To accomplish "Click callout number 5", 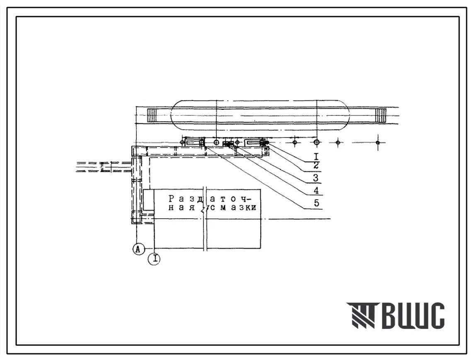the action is coord(316,203).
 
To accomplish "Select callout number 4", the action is coord(316,191).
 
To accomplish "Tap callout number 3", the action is coord(315,178).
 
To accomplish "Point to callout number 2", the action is coord(316,165).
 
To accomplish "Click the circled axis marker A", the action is coord(138,249).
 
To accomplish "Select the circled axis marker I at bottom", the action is coord(154,259).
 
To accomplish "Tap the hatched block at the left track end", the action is coord(152,115).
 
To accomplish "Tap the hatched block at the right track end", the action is coord(381,115).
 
